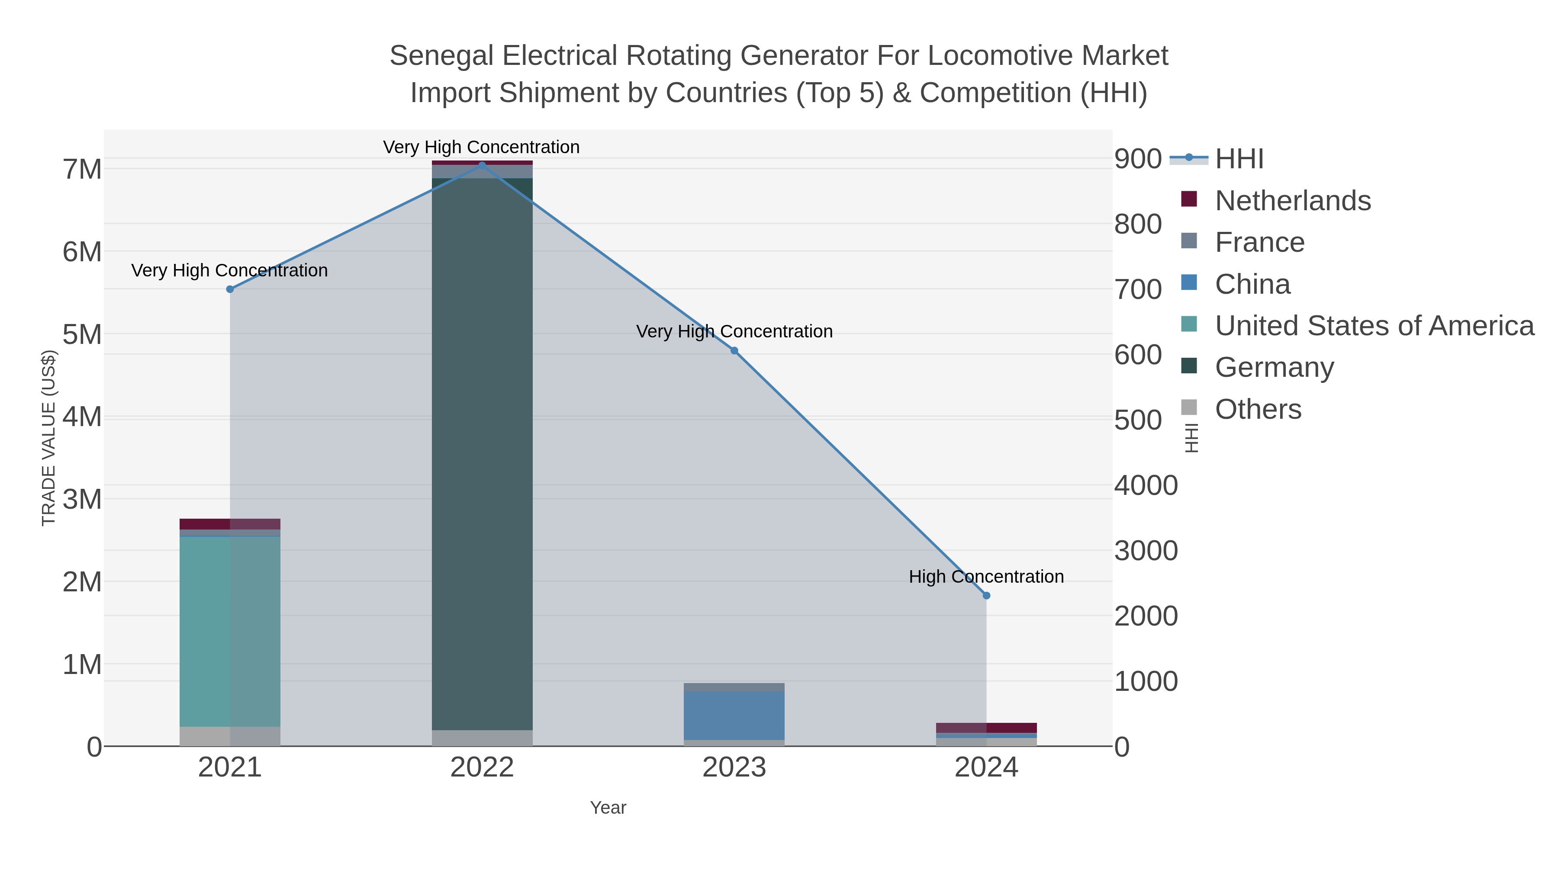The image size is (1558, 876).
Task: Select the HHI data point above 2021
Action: point(230,289)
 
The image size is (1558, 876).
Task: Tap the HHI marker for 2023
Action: point(734,351)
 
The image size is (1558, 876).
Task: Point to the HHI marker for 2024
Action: point(986,596)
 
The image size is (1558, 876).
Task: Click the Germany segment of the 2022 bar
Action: point(482,453)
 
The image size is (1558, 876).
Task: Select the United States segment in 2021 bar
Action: point(230,632)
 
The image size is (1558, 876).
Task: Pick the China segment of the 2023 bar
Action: point(734,715)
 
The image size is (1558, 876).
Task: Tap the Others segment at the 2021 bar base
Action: point(230,736)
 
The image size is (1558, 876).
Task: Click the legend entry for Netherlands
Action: point(1292,201)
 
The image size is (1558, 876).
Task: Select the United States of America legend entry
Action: point(1374,326)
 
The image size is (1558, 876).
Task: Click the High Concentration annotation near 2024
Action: point(986,577)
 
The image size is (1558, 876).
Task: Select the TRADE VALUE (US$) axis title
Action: point(48,438)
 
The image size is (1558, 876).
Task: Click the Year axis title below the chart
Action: point(608,808)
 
